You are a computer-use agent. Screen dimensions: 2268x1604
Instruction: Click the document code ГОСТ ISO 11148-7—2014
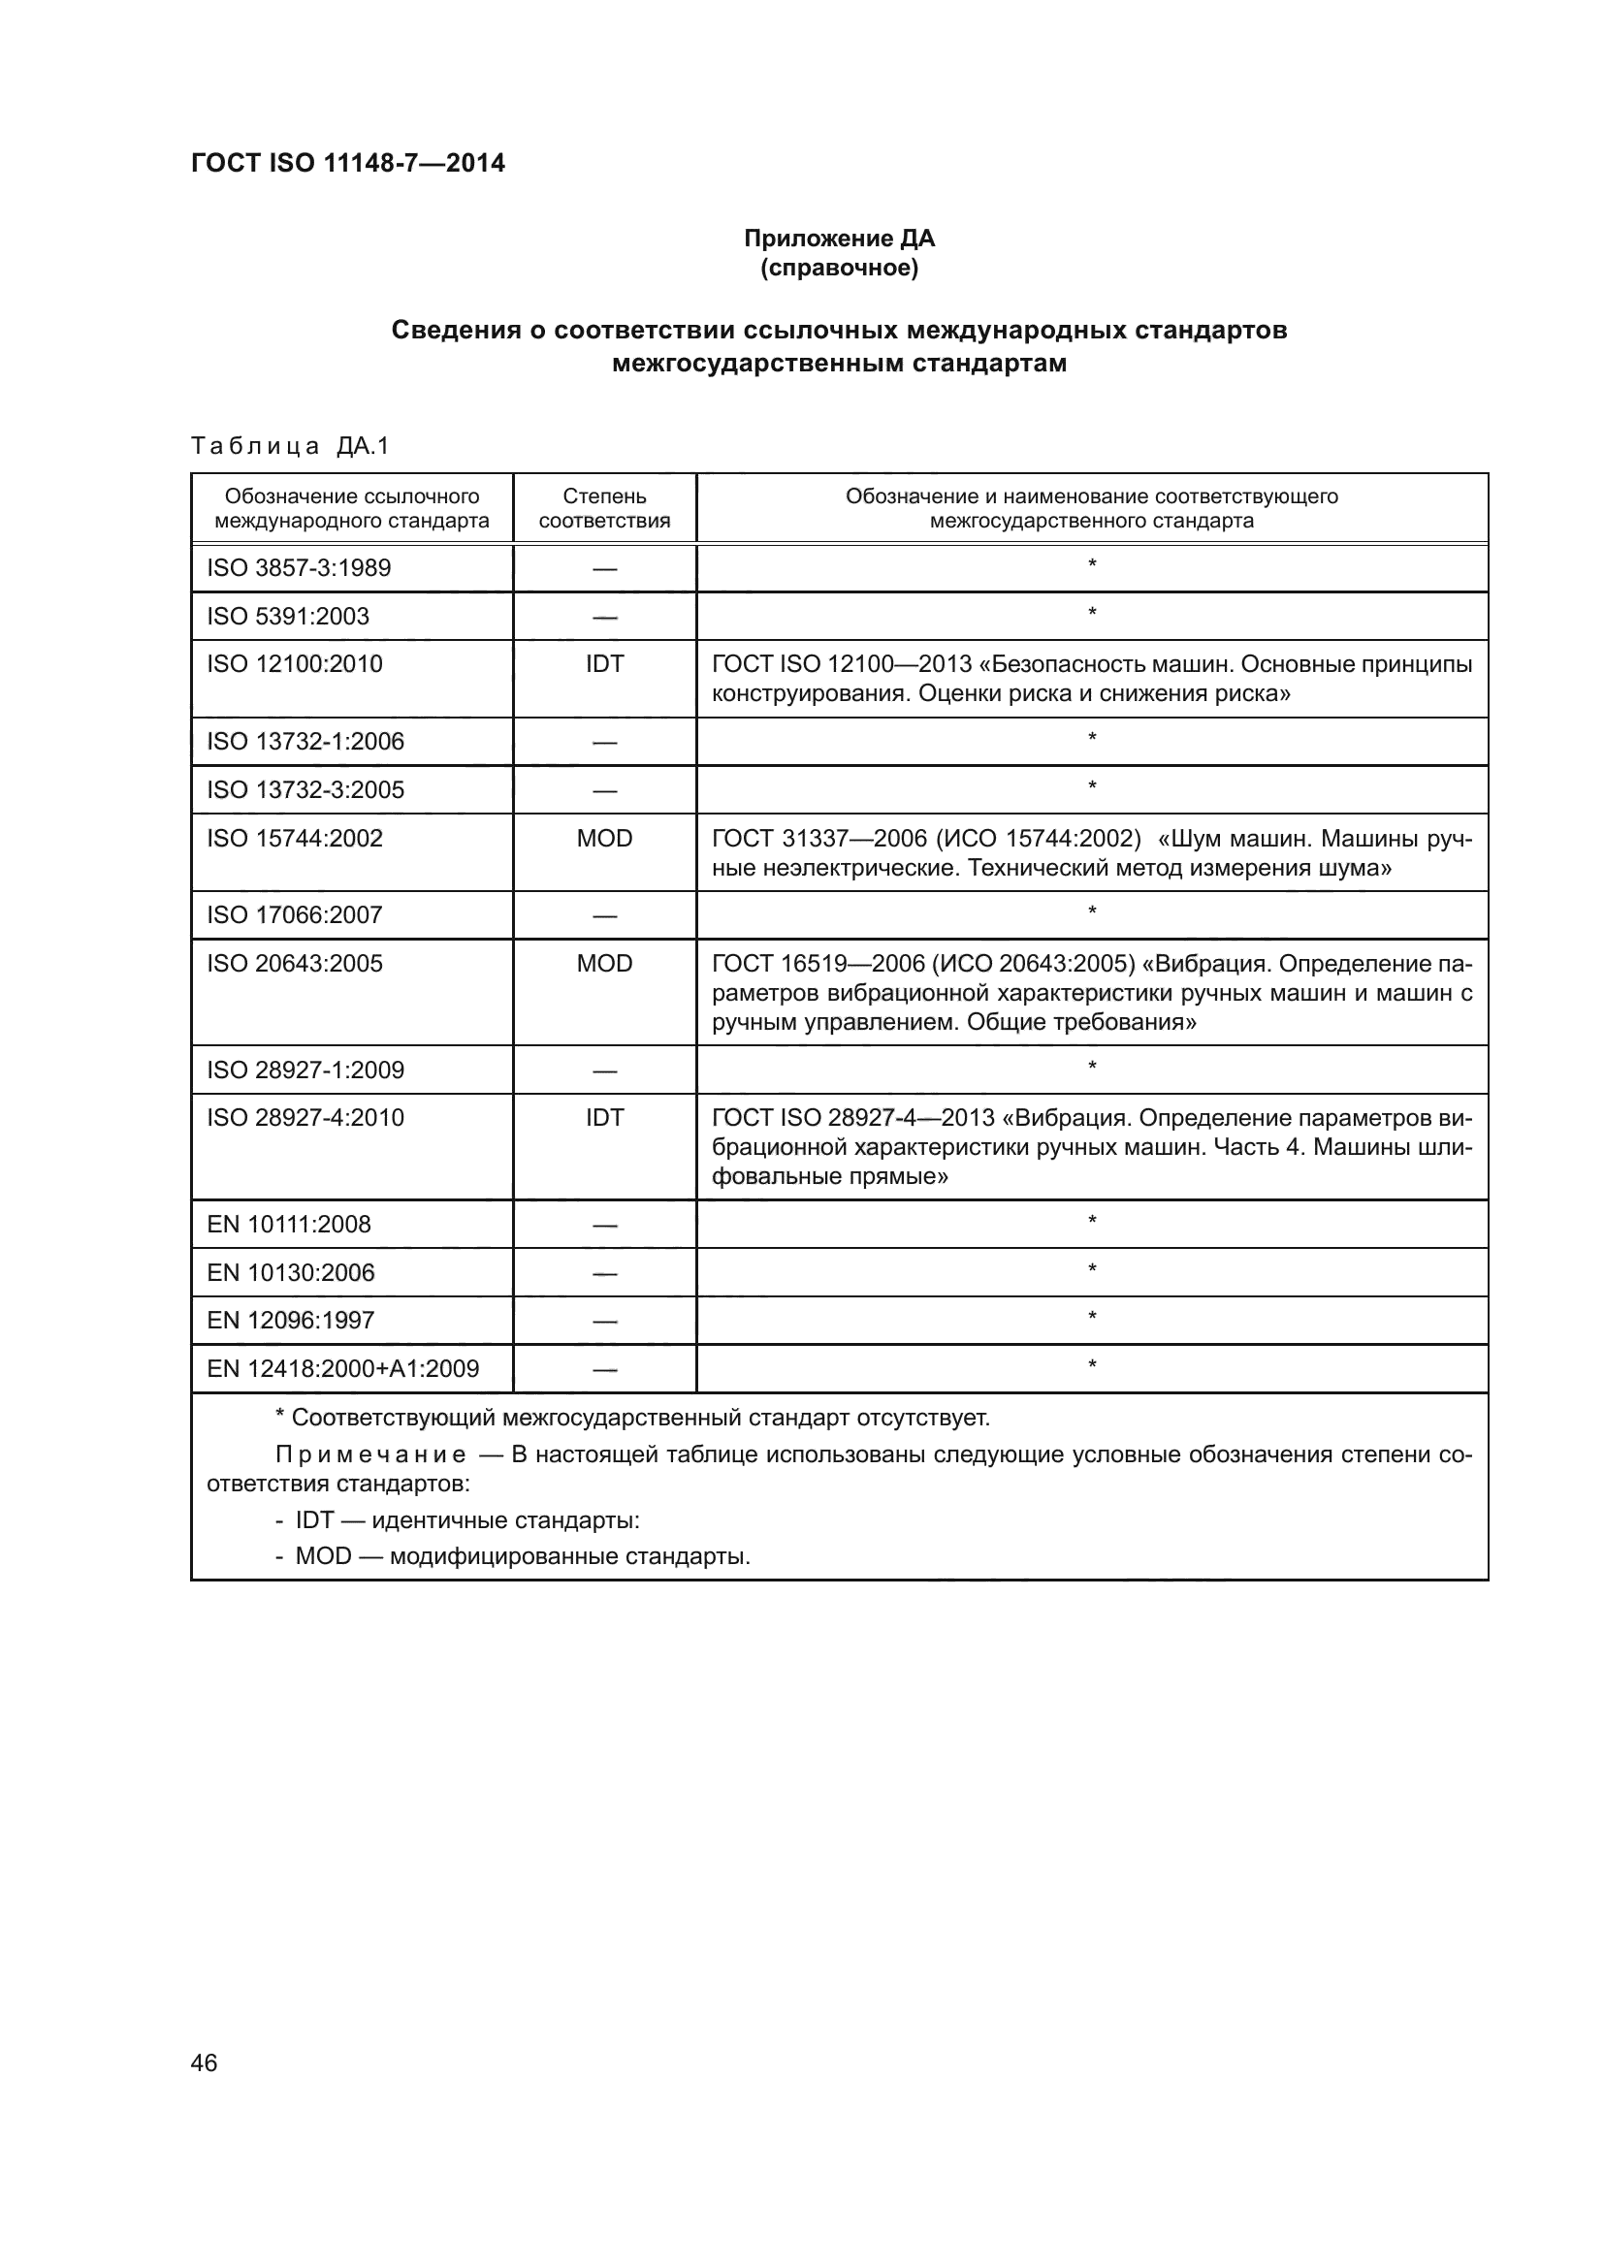pyautogui.click(x=348, y=163)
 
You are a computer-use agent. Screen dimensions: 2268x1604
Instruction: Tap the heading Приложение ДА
pyautogui.click(x=839, y=239)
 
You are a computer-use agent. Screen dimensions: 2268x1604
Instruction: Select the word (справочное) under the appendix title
pyautogui.click(x=839, y=268)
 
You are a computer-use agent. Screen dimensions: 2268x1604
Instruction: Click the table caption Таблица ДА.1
pyautogui.click(x=290, y=446)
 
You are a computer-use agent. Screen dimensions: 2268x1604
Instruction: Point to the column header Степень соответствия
pyautogui.click(x=604, y=508)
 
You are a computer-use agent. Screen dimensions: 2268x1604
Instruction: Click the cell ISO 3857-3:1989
pyautogui.click(x=299, y=568)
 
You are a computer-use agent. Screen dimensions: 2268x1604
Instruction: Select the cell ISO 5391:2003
pyautogui.click(x=287, y=617)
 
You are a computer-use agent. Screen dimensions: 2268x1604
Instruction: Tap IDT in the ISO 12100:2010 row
pyautogui.click(x=604, y=664)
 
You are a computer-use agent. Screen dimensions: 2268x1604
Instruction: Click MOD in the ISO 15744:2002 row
pyautogui.click(x=604, y=839)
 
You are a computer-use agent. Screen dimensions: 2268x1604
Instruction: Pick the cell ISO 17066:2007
pyautogui.click(x=295, y=915)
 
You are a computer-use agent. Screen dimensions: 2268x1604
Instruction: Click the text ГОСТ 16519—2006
pyautogui.click(x=817, y=964)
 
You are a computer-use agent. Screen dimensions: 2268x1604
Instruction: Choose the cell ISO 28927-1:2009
pyautogui.click(x=305, y=1070)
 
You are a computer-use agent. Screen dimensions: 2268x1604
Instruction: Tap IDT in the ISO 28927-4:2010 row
pyautogui.click(x=604, y=1118)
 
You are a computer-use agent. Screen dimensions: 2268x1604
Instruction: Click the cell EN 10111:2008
pyautogui.click(x=288, y=1225)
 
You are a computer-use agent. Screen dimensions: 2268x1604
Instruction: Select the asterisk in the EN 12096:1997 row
pyautogui.click(x=1091, y=1318)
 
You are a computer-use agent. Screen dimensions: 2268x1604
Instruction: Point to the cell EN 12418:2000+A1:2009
pyautogui.click(x=342, y=1369)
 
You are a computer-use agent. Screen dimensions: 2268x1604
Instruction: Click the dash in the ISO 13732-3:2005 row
pyautogui.click(x=604, y=791)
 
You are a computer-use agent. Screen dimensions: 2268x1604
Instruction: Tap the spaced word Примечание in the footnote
pyautogui.click(x=370, y=1455)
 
